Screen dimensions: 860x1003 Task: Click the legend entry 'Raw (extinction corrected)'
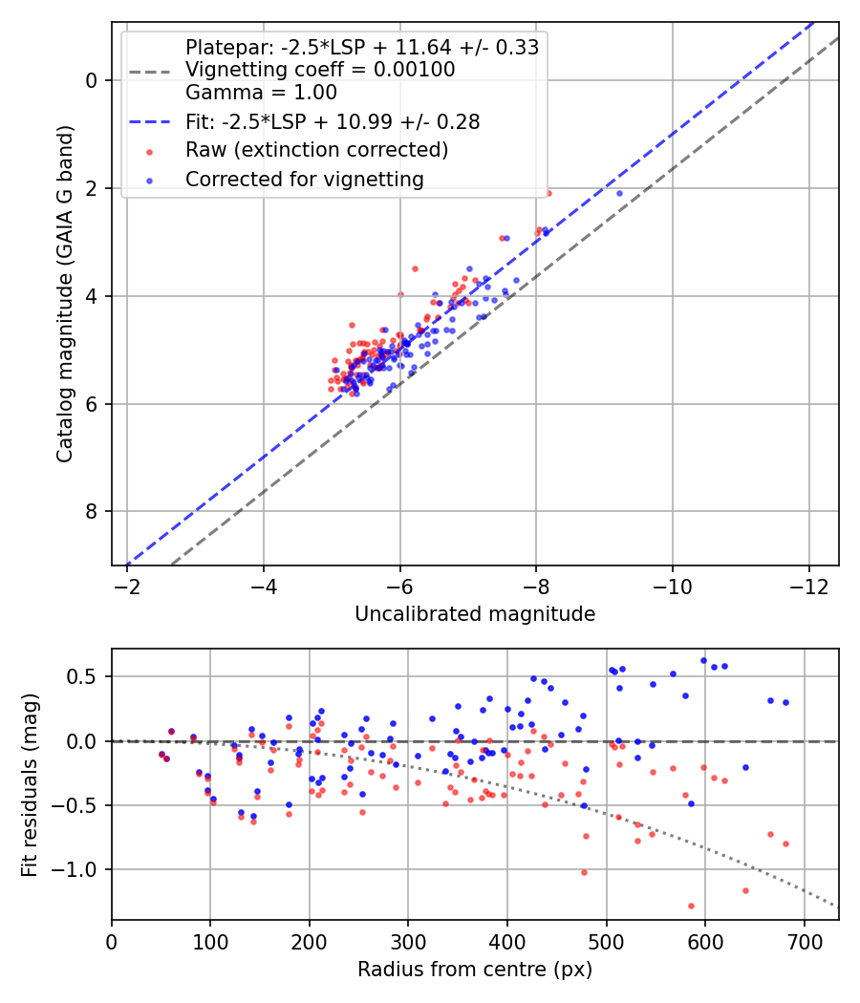316,150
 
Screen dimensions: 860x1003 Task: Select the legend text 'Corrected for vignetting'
305,180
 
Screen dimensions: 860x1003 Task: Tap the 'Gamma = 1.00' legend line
261,93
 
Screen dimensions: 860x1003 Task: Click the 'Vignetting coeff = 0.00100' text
320,70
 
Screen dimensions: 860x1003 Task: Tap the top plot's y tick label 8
91,512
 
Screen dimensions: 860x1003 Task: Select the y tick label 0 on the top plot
91,80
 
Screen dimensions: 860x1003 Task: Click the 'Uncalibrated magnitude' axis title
475,614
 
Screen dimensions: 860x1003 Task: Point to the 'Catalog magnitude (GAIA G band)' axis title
65,294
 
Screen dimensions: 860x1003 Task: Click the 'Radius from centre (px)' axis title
475,970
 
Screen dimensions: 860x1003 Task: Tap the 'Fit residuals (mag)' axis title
30,785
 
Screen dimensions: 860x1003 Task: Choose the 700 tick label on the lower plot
805,942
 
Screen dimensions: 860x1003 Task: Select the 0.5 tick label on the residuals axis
82,676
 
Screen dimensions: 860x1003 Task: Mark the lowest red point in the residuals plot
691,906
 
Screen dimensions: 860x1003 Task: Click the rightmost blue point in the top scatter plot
619,193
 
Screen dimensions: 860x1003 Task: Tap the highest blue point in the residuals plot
704,660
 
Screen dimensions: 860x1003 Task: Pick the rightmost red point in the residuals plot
785,843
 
